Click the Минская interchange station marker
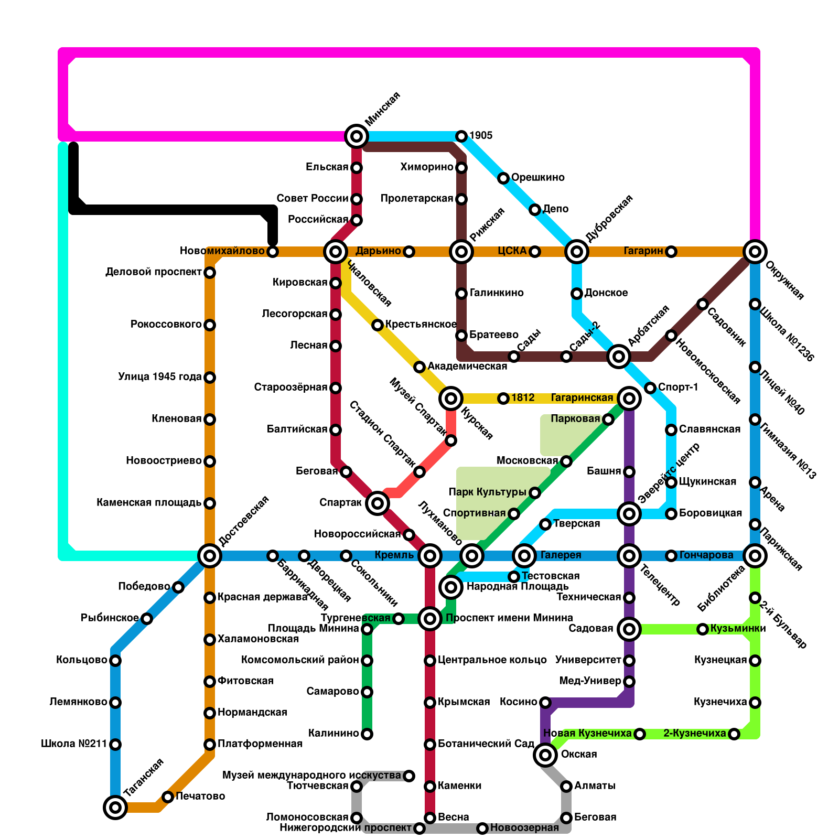357,136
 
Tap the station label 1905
481,136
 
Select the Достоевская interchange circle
210,555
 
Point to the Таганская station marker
115,807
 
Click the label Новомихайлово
222,251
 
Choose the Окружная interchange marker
755,252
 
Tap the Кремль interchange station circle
430,555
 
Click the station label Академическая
467,366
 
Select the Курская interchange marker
451,399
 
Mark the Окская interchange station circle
545,755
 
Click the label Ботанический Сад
486,744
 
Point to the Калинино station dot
367,734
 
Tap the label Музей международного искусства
312,775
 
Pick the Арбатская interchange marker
619,357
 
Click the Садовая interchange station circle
629,629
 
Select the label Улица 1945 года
160,377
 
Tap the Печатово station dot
168,797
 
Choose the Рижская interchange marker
461,252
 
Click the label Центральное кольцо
492,660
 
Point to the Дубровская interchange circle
577,252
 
